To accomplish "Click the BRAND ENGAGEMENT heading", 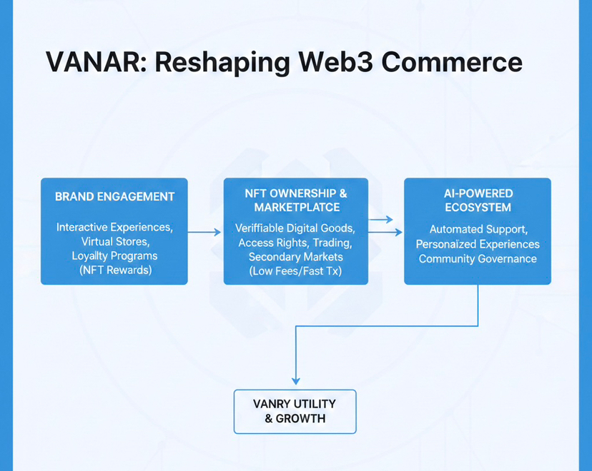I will click(114, 196).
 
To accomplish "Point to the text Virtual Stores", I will click(114, 241).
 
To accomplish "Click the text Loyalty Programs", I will click(114, 255).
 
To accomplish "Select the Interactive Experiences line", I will click(114, 227).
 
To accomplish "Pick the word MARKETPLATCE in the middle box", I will click(296, 207).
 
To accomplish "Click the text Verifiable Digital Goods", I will click(296, 228).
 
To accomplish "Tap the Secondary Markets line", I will click(296, 257).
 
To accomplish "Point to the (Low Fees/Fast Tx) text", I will click(296, 271).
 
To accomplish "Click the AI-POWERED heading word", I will click(478, 193).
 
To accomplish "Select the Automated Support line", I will click(478, 230).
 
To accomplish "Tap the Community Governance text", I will click(478, 258).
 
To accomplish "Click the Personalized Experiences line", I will click(478, 244).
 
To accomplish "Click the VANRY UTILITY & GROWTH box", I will click(295, 411).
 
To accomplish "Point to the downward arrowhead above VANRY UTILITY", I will click(295, 380).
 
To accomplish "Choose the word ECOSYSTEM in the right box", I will click(478, 208).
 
